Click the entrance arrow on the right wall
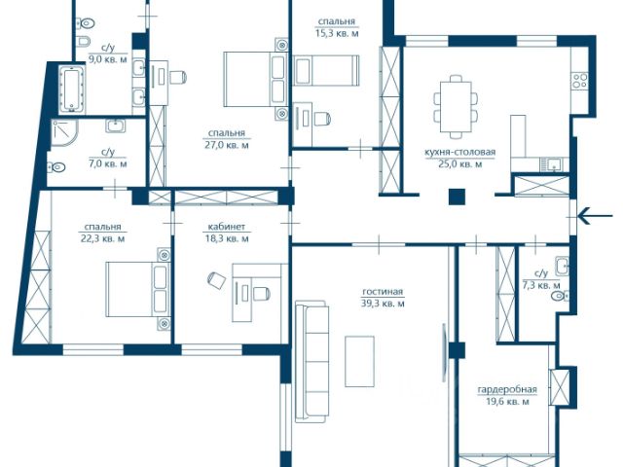tap(595, 216)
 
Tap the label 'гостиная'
tap(383, 292)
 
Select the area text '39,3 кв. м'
tap(383, 304)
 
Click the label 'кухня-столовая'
tap(460, 152)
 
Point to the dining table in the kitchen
tap(456, 107)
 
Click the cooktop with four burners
tap(580, 80)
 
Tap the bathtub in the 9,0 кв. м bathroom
tap(72, 90)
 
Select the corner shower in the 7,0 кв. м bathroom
tap(63, 132)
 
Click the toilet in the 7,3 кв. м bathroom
tap(562, 296)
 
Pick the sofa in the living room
tap(311, 362)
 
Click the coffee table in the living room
tap(359, 361)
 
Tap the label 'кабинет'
tap(227, 227)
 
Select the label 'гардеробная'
tap(507, 390)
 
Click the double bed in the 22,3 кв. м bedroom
tap(138, 289)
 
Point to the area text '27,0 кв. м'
tap(227, 145)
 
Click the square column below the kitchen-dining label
tap(457, 197)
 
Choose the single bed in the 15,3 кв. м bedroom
tap(326, 70)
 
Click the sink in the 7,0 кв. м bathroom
tap(116, 126)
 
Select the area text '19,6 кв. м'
tap(507, 402)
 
